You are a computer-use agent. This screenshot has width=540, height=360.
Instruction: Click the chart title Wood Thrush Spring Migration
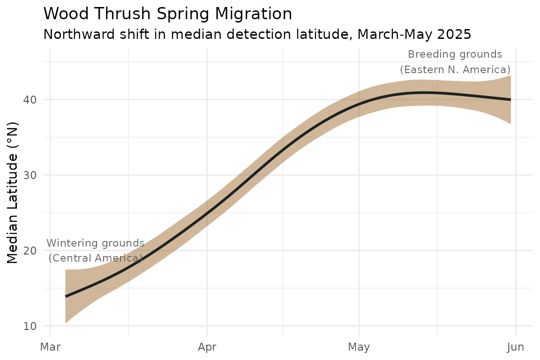168,14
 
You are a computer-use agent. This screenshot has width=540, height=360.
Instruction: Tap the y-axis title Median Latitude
12,193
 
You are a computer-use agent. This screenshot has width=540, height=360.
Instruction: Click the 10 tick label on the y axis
30,326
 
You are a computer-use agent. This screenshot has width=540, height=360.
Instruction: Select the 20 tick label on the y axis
30,250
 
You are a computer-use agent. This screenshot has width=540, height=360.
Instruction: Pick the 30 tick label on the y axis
30,175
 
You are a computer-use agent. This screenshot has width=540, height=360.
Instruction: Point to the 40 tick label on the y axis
30,99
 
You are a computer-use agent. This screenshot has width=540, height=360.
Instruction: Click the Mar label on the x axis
50,347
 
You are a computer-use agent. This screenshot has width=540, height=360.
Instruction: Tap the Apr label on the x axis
207,347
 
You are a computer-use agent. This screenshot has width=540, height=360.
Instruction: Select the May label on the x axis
359,347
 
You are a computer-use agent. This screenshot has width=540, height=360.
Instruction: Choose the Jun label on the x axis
516,347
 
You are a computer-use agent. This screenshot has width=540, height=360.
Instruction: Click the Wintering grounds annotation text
96,243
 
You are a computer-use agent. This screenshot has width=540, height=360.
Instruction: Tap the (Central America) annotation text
96,258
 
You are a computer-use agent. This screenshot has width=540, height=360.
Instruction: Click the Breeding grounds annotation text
455,54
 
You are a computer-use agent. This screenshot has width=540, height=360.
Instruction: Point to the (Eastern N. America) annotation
455,69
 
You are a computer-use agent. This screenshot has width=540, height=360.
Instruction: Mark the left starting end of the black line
66,296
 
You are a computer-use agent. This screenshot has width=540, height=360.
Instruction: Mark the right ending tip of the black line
510,99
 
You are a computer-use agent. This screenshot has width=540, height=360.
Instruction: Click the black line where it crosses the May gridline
359,103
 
